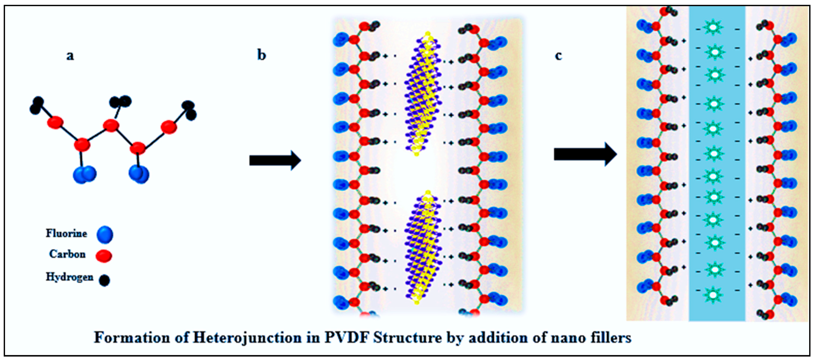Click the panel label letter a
tap(70, 56)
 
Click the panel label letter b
tap(261, 55)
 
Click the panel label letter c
tap(558, 56)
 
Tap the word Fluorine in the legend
tap(66, 233)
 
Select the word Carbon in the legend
tap(67, 254)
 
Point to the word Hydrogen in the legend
tap(70, 277)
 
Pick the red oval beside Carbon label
tap(104, 256)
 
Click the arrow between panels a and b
tap(275, 160)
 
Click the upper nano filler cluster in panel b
tap(423, 95)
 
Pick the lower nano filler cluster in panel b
tap(423, 248)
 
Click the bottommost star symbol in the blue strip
tap(713, 295)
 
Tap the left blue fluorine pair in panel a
tap(84, 174)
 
